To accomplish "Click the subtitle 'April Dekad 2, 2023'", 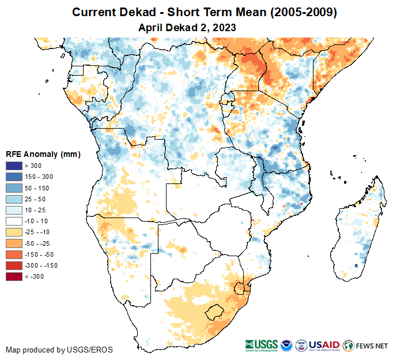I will [187, 27].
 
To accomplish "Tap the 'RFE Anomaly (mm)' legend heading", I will [43, 155].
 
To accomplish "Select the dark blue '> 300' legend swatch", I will [13, 166].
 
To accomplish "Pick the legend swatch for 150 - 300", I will [13, 177].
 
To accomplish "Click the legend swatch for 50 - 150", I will [13, 188].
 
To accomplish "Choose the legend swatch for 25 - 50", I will [13, 199].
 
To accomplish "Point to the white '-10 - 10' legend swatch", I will [13, 221].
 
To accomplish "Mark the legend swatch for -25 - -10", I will [13, 232].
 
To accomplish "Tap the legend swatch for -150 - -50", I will [13, 254].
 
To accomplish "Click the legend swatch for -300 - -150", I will [13, 265].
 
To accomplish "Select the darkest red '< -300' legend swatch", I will [13, 276].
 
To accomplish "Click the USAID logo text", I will [324, 345].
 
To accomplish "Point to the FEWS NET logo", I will [365, 346].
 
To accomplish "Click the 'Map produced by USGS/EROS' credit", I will [59, 350].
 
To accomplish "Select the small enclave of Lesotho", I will [215, 311].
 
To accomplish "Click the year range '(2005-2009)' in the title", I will [304, 12].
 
